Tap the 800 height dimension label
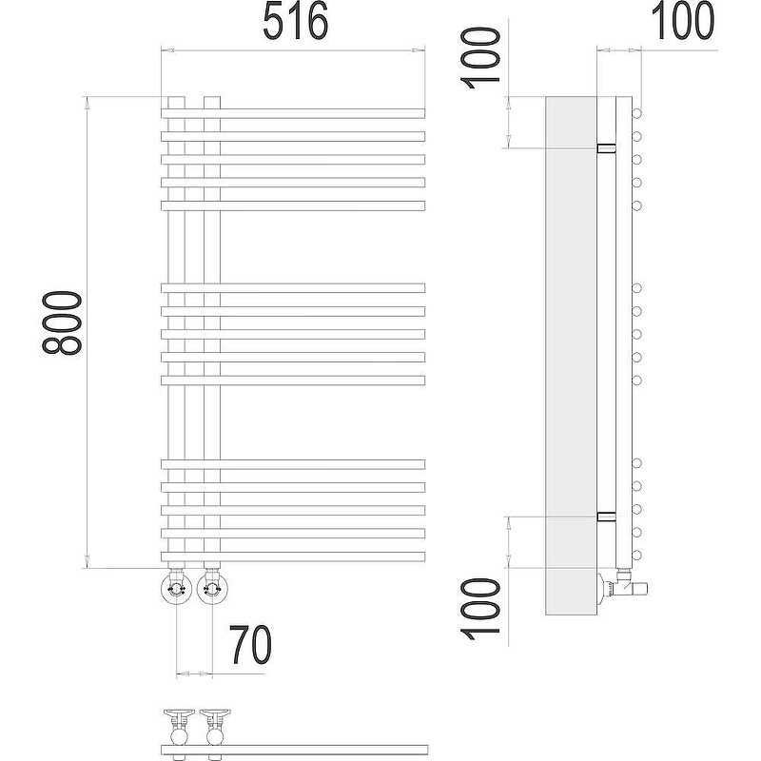pos(62,323)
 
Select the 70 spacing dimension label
pos(250,645)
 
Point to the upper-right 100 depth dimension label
pos(682,20)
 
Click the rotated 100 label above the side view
pos(480,58)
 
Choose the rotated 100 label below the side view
pos(480,609)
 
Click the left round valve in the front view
pos(176,589)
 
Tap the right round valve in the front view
pos(212,589)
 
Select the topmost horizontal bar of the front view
pos(293,113)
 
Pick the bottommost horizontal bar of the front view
pos(293,556)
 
